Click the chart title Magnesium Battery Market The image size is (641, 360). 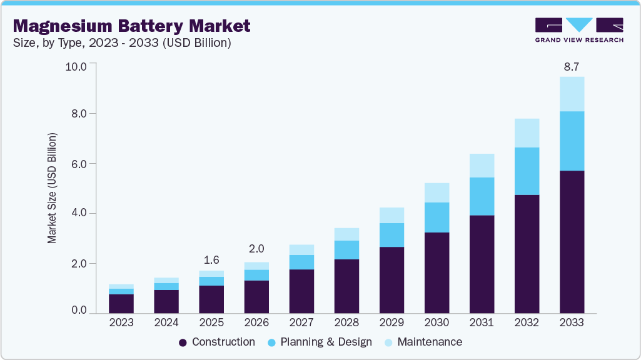[x=131, y=26]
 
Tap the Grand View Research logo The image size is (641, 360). [x=579, y=30]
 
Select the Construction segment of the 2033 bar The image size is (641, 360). [x=572, y=241]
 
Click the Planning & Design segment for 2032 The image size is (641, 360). [x=527, y=171]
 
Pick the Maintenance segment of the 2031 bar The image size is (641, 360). [x=482, y=166]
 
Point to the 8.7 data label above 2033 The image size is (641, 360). [x=572, y=66]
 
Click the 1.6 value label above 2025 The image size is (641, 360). [x=211, y=260]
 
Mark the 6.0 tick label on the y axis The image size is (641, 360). [x=79, y=164]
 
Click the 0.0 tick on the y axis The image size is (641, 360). [x=79, y=310]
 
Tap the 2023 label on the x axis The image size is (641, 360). [x=121, y=323]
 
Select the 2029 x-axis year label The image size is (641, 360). [x=391, y=323]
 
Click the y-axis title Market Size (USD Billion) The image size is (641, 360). [x=53, y=188]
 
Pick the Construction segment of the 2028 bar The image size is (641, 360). [x=346, y=286]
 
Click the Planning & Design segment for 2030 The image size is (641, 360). [x=437, y=217]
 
